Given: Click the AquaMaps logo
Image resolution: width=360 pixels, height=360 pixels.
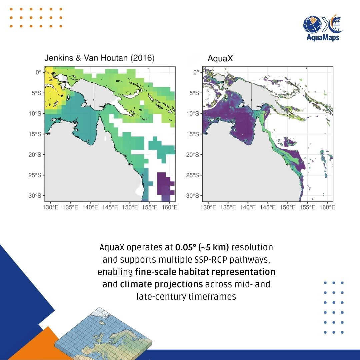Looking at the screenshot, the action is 323,28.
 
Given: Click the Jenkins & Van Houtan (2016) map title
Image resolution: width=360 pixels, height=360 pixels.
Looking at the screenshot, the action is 99,58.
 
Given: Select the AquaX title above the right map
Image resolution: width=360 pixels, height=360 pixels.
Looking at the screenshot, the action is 220,58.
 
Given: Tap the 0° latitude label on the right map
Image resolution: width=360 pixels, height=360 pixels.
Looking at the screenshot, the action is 196,73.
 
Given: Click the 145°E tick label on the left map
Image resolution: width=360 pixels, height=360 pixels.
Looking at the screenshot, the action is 110,208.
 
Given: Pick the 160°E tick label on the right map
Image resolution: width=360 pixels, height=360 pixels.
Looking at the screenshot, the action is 327,208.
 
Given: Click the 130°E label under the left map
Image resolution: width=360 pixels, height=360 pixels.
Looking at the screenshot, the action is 51,208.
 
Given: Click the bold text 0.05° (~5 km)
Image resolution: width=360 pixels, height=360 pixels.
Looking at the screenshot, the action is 202,247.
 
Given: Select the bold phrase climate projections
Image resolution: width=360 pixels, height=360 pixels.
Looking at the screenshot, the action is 161,284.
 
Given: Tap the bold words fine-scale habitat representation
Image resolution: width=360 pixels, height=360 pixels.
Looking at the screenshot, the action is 205,272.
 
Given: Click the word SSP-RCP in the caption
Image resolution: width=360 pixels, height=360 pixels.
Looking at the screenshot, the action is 211,260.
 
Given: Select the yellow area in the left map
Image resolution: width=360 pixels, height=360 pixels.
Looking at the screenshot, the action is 53,88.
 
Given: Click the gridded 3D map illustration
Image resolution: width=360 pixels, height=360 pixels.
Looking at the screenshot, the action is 103,334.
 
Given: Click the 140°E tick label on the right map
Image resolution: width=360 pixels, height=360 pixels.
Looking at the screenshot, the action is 248,208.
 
